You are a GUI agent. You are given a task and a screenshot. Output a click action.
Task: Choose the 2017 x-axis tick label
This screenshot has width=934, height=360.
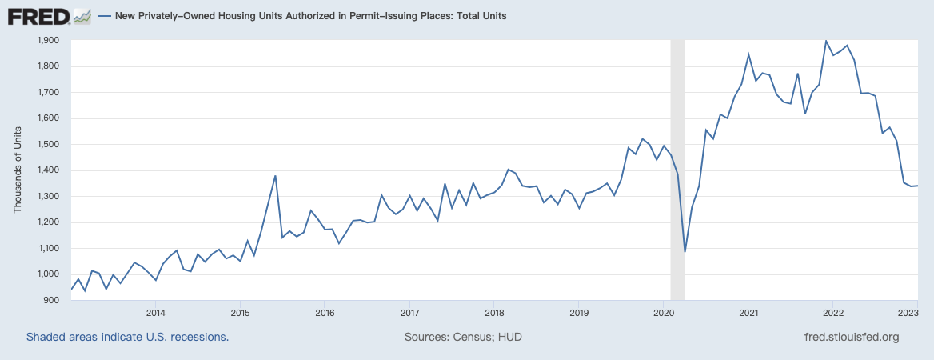(409, 312)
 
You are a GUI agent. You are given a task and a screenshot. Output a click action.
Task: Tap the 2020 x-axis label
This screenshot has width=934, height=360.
(664, 312)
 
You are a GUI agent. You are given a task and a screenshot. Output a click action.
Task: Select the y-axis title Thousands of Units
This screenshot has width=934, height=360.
(18, 170)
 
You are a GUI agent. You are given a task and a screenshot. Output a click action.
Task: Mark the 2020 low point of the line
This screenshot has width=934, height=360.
(685, 252)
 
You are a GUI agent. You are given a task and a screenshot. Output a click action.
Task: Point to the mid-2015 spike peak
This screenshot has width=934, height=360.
(275, 176)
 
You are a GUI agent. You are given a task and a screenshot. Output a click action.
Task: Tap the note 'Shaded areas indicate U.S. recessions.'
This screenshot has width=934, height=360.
(128, 337)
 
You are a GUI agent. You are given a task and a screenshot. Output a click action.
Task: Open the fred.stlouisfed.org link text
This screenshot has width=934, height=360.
(851, 337)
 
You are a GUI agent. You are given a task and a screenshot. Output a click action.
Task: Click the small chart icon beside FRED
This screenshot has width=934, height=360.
(82, 15)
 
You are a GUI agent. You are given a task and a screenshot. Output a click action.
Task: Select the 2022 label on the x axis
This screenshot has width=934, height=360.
(832, 312)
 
